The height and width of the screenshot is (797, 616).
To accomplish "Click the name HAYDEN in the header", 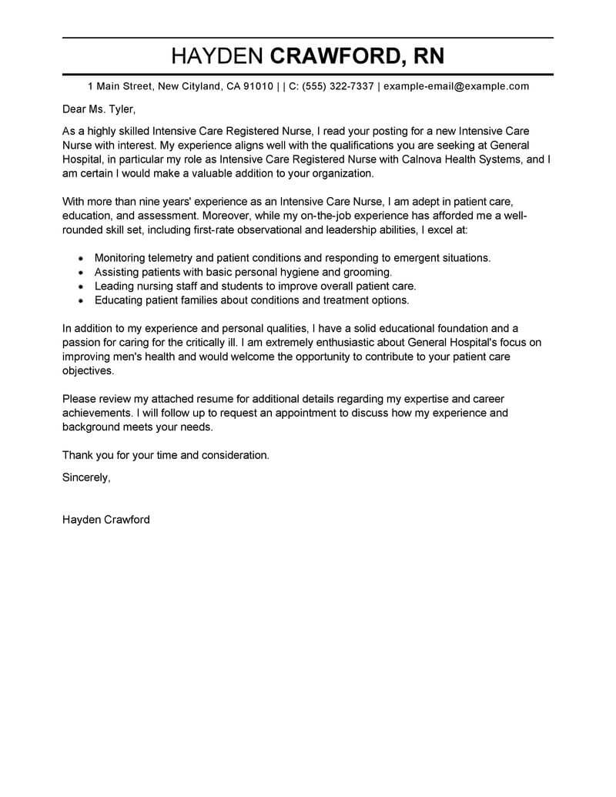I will tap(217, 56).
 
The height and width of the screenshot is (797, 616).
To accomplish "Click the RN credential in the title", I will tap(424, 56).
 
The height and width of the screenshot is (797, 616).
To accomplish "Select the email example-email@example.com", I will tap(456, 86).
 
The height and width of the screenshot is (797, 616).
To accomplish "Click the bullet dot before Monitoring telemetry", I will tap(82, 259).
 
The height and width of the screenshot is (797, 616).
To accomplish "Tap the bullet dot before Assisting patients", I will tap(82, 273).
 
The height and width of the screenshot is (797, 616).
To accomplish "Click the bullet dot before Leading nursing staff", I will tap(82, 286).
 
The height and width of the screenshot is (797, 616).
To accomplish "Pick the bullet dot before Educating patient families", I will tap(82, 300).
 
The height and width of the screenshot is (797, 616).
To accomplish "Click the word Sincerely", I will tap(85, 477).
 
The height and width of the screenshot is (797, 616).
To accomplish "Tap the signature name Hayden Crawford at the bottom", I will tap(106, 520).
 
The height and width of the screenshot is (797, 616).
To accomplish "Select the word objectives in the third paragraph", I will tap(88, 370).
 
